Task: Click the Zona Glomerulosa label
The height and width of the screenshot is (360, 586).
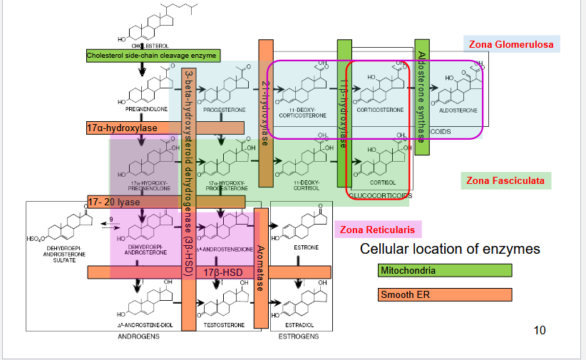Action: (510, 44)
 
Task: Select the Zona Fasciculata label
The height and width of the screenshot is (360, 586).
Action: (507, 180)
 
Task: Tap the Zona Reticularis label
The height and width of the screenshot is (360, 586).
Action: (377, 230)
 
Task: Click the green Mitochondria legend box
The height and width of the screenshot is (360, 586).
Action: (445, 270)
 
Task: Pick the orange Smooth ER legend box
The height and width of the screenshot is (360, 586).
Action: (445, 294)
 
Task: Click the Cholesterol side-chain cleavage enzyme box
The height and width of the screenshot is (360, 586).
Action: (153, 55)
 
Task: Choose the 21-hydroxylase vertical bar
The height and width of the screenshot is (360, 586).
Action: (265, 114)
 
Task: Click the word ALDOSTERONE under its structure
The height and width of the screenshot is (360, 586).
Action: (459, 110)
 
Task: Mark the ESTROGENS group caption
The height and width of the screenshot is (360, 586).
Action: (298, 336)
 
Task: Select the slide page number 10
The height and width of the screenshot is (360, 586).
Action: (540, 329)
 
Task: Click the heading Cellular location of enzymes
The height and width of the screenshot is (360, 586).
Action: (450, 249)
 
